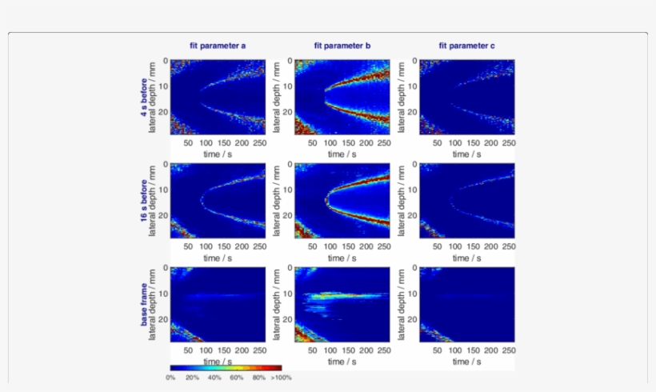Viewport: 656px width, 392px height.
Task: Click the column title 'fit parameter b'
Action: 342,46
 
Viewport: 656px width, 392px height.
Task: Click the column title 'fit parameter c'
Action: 466,46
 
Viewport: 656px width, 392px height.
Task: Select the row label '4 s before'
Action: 142,97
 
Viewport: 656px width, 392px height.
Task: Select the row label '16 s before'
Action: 142,201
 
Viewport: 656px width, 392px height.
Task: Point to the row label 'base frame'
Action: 142,304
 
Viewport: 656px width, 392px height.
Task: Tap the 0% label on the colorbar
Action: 171,377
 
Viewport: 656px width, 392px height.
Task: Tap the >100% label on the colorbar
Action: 281,377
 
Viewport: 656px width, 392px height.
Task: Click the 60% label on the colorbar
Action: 237,377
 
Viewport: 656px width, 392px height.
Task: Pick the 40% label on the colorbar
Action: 214,377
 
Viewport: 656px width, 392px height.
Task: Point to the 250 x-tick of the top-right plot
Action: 506,143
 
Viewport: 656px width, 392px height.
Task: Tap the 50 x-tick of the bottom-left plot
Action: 189,350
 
